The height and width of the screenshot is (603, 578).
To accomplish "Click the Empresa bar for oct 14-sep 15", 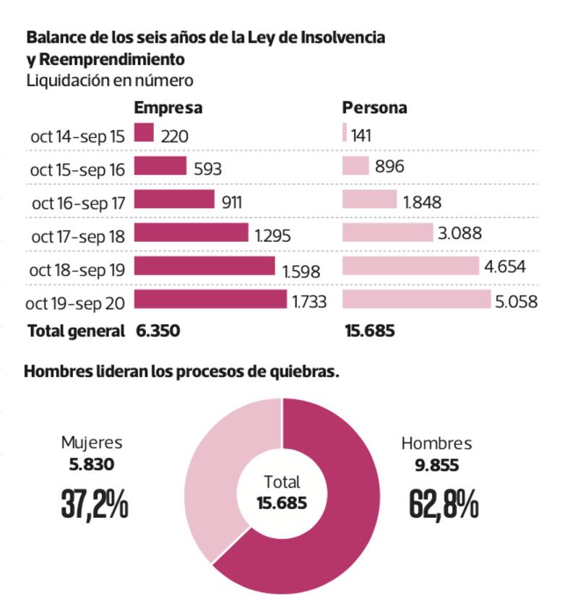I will coord(144,133).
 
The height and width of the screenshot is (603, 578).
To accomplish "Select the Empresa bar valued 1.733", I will coord(210,299).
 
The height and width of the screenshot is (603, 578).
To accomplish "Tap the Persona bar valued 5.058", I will coord(416,299).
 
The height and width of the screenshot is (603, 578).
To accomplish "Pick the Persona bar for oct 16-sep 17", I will coord(369,199).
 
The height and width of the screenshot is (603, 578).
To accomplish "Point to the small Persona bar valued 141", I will coord(344,133).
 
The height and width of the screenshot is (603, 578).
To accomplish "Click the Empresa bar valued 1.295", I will coord(191,233).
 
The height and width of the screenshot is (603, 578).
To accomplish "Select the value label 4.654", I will coord(505,266).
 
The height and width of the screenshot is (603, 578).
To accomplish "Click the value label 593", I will coord(207,169).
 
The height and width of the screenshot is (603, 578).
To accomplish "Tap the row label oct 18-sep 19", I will coord(77,270).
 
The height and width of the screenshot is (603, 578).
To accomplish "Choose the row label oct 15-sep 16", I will coord(77,170).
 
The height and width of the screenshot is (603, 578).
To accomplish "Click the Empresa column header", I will coord(168,108).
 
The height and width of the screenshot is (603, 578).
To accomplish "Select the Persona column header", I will coord(374,108).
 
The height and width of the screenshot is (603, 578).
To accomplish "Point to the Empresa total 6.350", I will coord(158,331).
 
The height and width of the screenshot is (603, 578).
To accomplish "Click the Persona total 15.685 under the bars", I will coord(368,331).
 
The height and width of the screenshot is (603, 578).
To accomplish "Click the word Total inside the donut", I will coord(282,482).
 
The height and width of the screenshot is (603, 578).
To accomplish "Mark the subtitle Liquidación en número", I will coord(109,80).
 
